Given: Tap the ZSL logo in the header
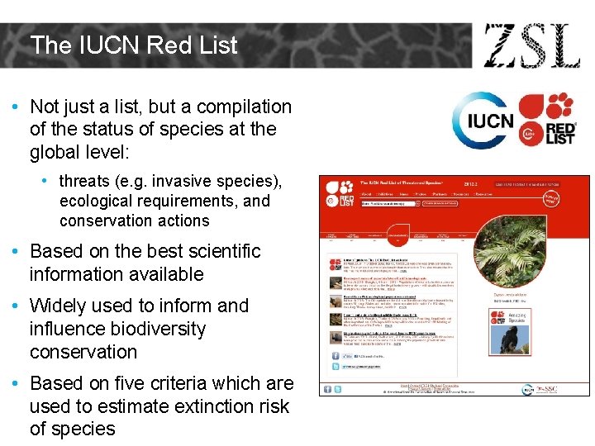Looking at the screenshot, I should point(531,46).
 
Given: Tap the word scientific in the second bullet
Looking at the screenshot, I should point(217,251).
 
